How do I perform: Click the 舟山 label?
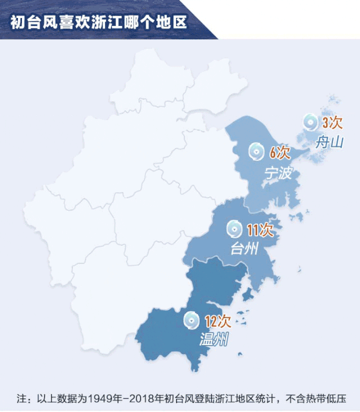pos(329,142)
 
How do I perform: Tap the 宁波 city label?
pos(278,173)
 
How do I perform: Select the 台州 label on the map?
pos(245,248)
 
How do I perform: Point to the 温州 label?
pos(214,339)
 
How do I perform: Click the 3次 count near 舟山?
pos(332,122)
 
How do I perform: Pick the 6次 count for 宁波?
pos(279,152)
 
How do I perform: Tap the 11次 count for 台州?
pos(259,229)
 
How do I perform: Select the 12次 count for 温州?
pos(218,322)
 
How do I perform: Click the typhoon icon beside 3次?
pos(310,121)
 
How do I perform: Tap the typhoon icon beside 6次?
pos(256,151)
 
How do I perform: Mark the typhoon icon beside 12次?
pos(192,321)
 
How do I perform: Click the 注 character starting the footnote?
pos(21,399)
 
